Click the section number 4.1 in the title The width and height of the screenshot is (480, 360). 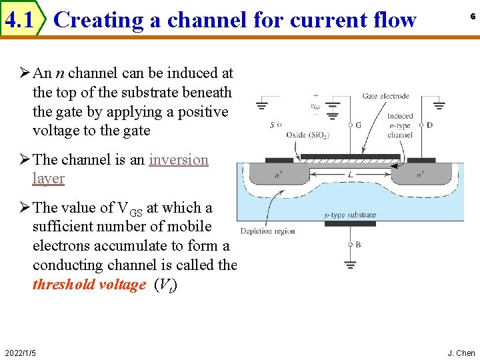19,20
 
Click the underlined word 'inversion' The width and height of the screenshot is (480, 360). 179,160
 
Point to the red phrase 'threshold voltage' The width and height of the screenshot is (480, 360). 89,285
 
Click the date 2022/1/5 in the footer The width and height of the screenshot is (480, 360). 20,352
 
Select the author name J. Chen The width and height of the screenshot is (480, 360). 461,353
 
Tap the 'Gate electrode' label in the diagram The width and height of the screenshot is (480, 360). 385,97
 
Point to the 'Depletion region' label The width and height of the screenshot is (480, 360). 267,231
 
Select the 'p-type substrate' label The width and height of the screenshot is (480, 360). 351,215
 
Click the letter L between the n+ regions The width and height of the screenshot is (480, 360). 349,173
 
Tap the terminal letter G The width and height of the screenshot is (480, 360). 359,125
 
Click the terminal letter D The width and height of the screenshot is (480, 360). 430,125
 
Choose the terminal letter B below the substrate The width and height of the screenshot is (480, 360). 358,245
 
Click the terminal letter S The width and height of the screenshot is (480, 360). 271,125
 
